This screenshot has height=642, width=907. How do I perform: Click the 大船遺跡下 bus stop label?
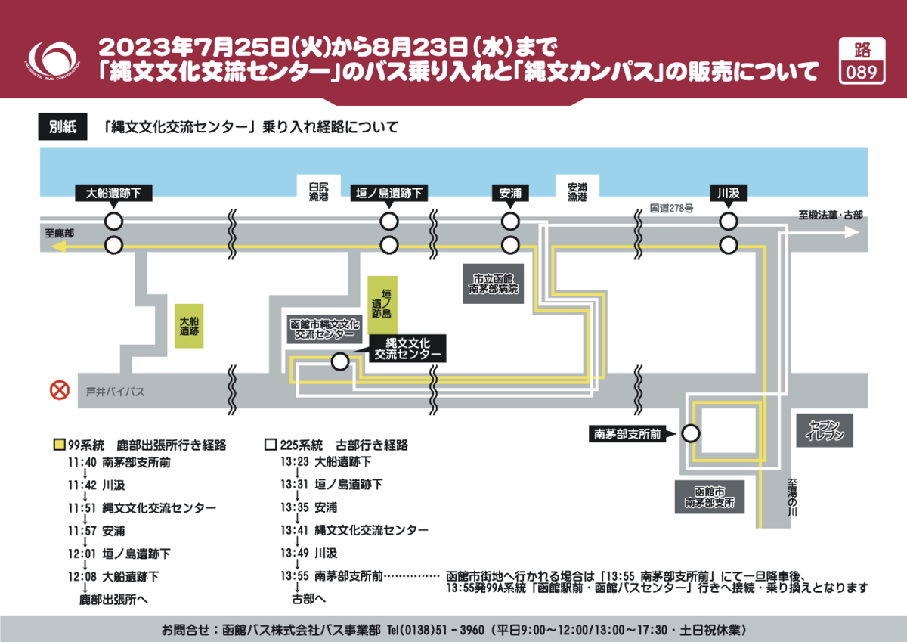pyautogui.click(x=113, y=194)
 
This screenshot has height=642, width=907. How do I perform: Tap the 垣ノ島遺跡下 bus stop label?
pyautogui.click(x=389, y=194)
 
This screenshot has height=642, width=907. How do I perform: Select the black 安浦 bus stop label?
pyautogui.click(x=510, y=194)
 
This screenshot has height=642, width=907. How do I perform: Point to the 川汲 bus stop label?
pyautogui.click(x=728, y=194)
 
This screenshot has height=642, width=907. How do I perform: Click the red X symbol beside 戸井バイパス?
pyautogui.click(x=59, y=391)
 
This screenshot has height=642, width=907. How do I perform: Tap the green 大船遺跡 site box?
pyautogui.click(x=189, y=325)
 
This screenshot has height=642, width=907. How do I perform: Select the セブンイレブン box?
pyautogui.click(x=825, y=430)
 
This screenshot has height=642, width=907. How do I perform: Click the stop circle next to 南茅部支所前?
pyautogui.click(x=689, y=433)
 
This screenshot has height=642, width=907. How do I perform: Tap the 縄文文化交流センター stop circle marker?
pyautogui.click(x=340, y=362)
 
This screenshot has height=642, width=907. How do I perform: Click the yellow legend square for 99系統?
pyautogui.click(x=58, y=445)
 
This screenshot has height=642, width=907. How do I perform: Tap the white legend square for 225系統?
pyautogui.click(x=270, y=445)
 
